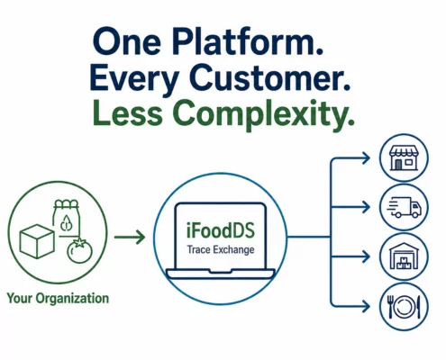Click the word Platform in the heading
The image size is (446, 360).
coord(247,41)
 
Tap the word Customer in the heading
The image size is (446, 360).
coord(269,77)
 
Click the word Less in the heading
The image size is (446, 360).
coord(127,113)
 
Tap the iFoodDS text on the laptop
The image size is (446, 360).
coord(221,231)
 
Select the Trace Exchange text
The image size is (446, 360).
coord(221,249)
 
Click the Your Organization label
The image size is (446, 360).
coord(58,299)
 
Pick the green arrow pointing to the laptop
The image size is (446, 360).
coord(130,238)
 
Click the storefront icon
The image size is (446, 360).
coord(404,158)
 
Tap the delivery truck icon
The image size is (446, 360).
coord(404,207)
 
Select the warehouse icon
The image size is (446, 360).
coord(404,256)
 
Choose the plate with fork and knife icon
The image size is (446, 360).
coord(404,307)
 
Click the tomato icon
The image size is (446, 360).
coord(79,251)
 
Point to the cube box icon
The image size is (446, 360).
coord(37,241)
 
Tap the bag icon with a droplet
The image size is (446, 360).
coord(67,219)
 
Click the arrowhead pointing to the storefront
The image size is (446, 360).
coord(366,158)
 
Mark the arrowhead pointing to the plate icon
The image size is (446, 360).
coord(366,306)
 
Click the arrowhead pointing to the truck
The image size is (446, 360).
coord(366,207)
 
